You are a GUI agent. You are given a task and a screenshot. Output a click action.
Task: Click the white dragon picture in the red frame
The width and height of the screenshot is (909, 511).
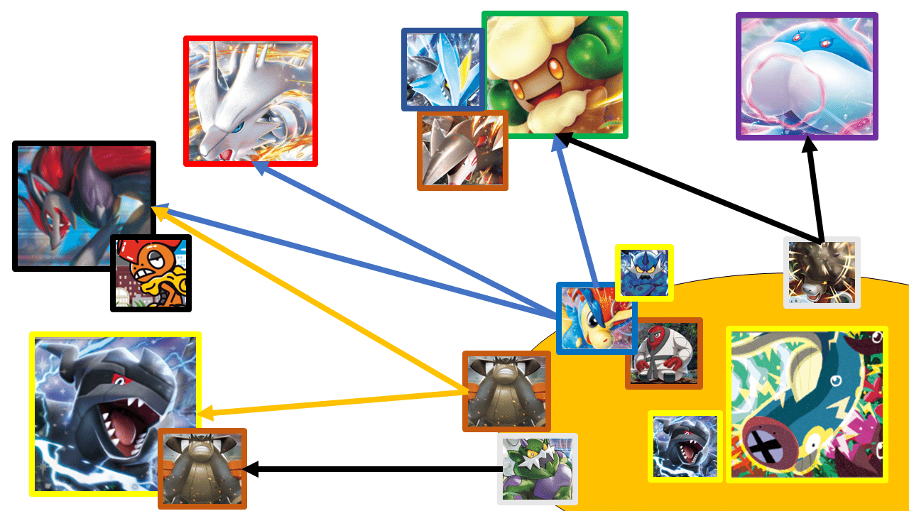pyautogui.click(x=250, y=101)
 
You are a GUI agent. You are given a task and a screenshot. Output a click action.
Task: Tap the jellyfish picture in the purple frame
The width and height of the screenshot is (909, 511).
pyautogui.click(x=807, y=76)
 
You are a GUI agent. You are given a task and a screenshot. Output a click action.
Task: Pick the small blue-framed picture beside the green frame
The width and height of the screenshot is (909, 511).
pyautogui.click(x=442, y=69)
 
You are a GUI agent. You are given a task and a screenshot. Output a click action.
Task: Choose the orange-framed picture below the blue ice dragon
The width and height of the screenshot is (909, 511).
pyautogui.click(x=462, y=150)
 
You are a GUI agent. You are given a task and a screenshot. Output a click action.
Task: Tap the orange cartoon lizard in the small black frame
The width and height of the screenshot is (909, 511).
pyautogui.click(x=151, y=273)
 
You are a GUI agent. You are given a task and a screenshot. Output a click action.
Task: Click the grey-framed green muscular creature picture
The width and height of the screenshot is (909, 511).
pyautogui.click(x=538, y=469)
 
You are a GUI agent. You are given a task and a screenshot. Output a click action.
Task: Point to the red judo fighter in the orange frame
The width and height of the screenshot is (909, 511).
pyautogui.click(x=664, y=353)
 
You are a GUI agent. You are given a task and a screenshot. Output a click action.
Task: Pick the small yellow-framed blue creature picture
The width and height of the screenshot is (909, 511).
pyautogui.click(x=643, y=271)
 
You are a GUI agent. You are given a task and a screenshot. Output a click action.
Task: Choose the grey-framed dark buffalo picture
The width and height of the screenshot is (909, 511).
pyautogui.click(x=822, y=273)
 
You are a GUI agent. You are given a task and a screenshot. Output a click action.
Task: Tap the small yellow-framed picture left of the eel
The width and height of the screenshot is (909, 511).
pyautogui.click(x=685, y=446)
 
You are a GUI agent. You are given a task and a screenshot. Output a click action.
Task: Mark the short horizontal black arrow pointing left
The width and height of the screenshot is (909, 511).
pyautogui.click(x=373, y=469)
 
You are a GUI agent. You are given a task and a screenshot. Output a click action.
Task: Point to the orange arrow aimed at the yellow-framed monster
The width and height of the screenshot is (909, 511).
pyautogui.click(x=334, y=403)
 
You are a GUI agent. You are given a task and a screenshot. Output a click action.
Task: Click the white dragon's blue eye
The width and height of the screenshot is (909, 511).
pyautogui.click(x=238, y=127)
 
